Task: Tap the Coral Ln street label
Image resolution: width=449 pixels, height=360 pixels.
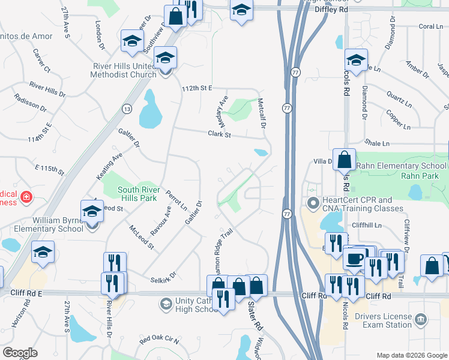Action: tap(430, 26)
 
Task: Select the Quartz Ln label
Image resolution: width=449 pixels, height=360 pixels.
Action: tap(398, 95)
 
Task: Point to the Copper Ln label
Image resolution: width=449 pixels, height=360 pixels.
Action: tap(398, 119)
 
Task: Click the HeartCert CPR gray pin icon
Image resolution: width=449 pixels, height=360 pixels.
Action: tap(312, 203)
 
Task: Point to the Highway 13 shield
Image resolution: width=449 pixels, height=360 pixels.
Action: tap(127, 109)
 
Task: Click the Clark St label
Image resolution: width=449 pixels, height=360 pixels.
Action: tap(220, 135)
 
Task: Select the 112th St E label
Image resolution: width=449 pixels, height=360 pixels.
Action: tap(197, 88)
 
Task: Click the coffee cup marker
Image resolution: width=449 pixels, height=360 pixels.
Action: tap(354, 259)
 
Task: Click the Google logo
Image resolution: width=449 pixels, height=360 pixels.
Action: tap(20, 353)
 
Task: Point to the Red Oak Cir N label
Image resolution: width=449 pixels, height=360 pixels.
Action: tap(159, 341)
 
